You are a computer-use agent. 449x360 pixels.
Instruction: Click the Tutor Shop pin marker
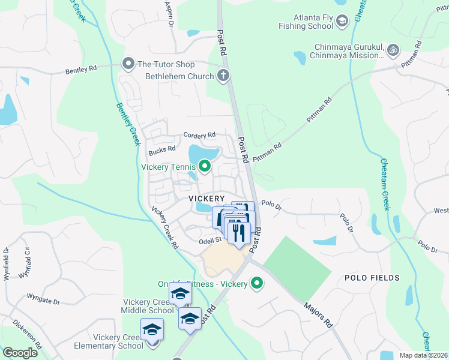(x=128, y=64)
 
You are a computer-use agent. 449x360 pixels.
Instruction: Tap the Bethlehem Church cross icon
(x=223, y=76)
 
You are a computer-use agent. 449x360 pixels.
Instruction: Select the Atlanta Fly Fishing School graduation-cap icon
(x=342, y=23)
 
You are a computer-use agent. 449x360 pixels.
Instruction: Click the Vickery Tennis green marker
(x=205, y=166)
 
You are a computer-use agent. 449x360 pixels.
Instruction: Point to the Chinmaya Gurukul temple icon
(x=393, y=49)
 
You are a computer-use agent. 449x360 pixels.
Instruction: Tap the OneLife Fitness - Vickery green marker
(x=258, y=283)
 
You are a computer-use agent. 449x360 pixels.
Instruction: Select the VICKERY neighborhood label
(x=206, y=198)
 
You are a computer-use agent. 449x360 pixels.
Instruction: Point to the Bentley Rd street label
(x=81, y=70)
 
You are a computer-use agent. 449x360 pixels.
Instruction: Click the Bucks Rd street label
(x=162, y=149)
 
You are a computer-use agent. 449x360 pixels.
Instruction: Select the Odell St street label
(x=211, y=240)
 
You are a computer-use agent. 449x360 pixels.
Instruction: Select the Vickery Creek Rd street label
(x=165, y=228)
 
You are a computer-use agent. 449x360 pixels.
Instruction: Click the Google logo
(x=20, y=352)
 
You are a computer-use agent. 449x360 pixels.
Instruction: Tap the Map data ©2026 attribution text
(x=423, y=355)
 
